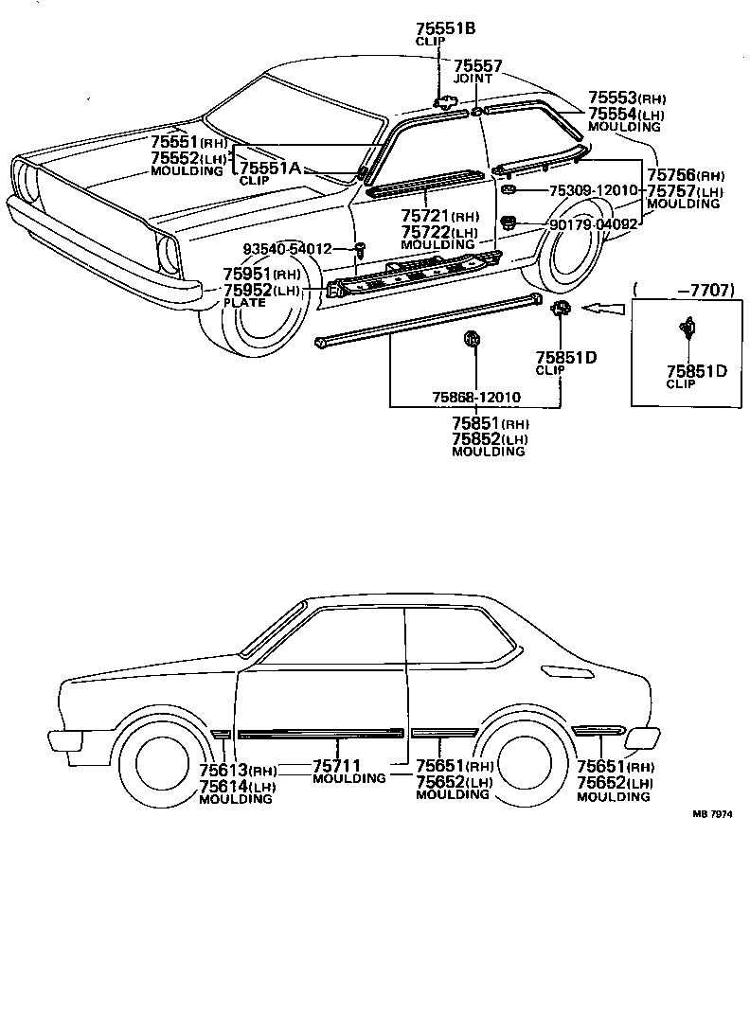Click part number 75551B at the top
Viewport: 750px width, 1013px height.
[445, 28]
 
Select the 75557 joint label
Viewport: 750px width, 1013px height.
[477, 66]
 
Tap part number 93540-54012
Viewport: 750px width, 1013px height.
[287, 249]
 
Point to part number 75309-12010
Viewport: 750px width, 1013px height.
[593, 191]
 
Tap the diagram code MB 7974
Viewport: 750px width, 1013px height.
[713, 813]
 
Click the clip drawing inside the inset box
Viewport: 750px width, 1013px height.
[687, 329]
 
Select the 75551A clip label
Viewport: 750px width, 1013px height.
[269, 168]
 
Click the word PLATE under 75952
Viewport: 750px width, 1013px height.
[245, 302]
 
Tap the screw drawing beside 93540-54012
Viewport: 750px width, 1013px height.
[361, 250]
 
